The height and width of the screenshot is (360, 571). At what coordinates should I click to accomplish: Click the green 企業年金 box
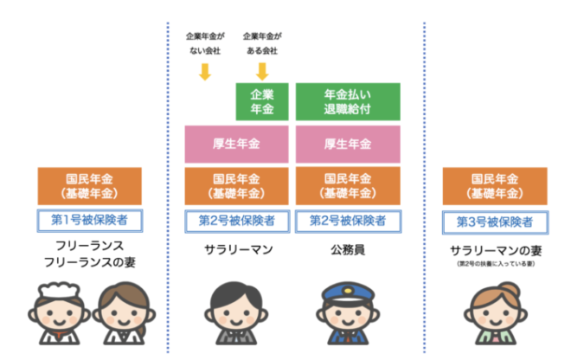coord(262,101)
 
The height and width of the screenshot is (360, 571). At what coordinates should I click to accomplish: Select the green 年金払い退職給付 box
coord(348,101)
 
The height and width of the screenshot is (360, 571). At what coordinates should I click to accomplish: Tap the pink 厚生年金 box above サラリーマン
coord(237,145)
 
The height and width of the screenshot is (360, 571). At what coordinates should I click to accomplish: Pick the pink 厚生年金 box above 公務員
coord(348,145)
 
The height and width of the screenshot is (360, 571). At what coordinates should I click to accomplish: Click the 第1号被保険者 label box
coord(90,221)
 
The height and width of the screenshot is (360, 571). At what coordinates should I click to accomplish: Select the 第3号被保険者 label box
coord(495,222)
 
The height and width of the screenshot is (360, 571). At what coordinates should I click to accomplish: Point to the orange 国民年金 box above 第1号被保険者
coord(90,186)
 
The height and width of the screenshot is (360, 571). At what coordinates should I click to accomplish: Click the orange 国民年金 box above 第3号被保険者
coord(495,186)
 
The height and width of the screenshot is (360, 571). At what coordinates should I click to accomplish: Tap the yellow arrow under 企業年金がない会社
coord(205,72)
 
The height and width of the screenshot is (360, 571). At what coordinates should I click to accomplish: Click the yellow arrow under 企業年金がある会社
coord(262,72)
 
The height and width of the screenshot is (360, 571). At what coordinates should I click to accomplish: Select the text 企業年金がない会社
coord(205,43)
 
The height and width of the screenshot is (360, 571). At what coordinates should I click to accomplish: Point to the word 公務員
coord(348,250)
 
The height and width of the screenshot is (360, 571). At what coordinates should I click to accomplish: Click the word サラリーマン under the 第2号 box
coord(239,250)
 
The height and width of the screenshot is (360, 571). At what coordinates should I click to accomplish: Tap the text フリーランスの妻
coord(90,262)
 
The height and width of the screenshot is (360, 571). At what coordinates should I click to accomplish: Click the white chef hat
coord(60,290)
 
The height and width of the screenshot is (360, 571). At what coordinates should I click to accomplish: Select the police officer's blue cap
coord(349,293)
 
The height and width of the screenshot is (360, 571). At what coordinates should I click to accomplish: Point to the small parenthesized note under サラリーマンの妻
coord(496,264)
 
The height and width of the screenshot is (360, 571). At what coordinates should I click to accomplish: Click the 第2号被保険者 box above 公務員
coord(349,222)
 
